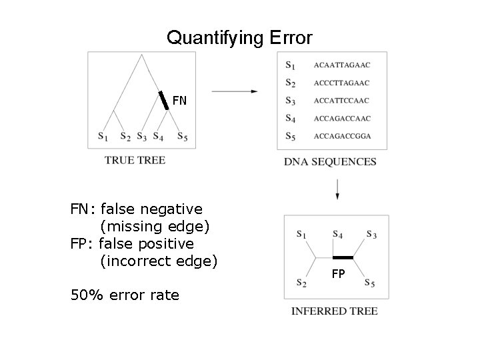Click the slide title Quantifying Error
[239, 38]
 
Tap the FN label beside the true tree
[180, 101]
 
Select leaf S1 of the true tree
[103, 137]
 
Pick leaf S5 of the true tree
[182, 137]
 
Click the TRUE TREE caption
[135, 160]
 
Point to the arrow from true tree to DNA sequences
[235, 91]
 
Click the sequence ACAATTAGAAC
[341, 65]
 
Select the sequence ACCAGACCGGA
[342, 136]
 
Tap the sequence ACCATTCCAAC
[341, 101]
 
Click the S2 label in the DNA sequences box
[290, 83]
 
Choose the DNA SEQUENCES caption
[330, 161]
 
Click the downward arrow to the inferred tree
[337, 188]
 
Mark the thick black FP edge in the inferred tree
[343, 257]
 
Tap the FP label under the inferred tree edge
[339, 273]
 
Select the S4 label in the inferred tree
[337, 234]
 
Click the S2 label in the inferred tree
[302, 283]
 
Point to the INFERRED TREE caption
[335, 311]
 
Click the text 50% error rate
[125, 294]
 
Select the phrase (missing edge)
[155, 227]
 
